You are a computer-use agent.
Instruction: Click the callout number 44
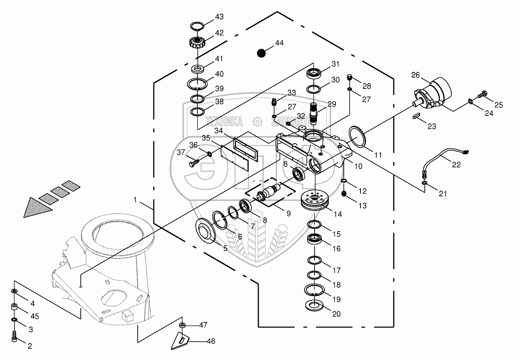[x=279, y=43]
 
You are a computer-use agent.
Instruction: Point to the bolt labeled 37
[x=193, y=164]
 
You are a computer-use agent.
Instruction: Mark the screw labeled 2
[x=15, y=337]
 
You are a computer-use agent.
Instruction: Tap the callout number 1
[x=136, y=200]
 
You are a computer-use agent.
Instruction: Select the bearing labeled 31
[x=315, y=74]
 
